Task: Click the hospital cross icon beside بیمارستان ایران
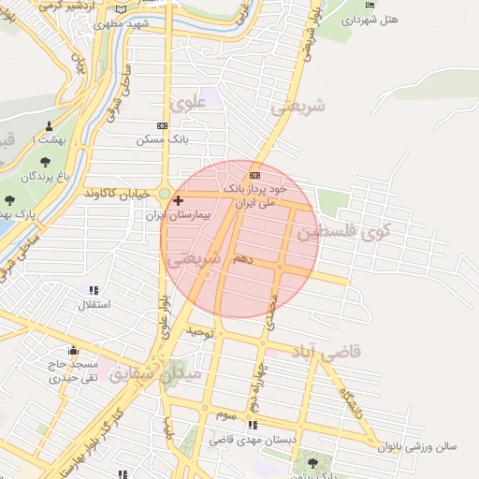click(x=179, y=200)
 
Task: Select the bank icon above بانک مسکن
click(x=162, y=125)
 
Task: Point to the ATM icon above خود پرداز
click(x=255, y=175)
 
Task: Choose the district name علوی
click(x=185, y=101)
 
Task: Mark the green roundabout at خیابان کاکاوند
click(x=165, y=195)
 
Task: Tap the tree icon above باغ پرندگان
click(x=44, y=162)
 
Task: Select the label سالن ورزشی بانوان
click(x=416, y=446)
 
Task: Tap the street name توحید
click(x=200, y=331)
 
